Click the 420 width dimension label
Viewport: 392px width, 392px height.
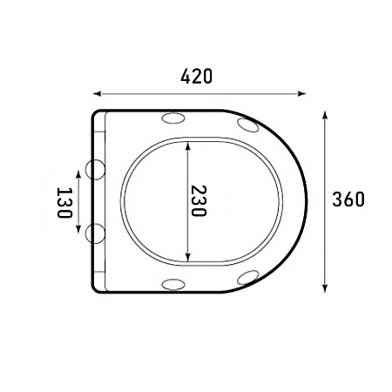[197, 77]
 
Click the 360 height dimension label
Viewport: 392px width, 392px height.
[348, 199]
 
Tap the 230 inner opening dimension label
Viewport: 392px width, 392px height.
[199, 201]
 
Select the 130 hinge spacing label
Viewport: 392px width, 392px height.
[64, 203]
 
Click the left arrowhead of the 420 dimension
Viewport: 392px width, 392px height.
[97, 93]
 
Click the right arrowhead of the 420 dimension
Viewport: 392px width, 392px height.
[302, 93]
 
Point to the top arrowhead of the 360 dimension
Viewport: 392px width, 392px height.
[325, 115]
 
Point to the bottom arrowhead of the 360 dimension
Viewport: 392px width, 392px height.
[325, 288]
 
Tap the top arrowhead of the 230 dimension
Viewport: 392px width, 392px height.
[188, 145]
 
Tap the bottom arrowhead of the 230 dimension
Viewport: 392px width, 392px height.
[188, 257]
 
